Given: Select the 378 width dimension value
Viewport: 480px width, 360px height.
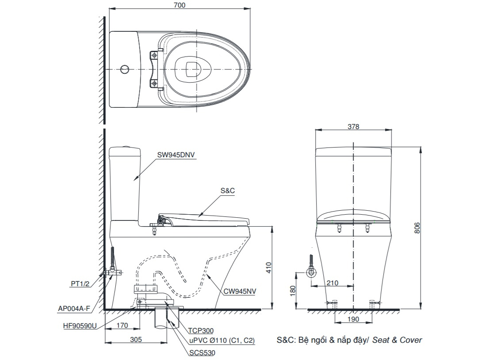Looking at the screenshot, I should pos(353,126).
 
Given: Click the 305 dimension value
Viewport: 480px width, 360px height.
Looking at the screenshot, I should pos(136,339).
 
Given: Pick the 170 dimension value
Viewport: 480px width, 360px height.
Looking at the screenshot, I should pos(123,326).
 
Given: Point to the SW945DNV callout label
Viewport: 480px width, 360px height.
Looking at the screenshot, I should pos(176,155).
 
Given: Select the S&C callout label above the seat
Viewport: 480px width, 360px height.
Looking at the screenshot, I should pos(227,191).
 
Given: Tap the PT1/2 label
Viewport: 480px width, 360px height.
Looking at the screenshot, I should pos(80,284).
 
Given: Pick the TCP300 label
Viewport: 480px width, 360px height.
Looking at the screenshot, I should pos(201,330).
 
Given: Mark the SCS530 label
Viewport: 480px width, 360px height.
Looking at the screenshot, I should pos(202,352).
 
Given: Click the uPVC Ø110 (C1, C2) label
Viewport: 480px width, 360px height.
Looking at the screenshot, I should pos(222,341).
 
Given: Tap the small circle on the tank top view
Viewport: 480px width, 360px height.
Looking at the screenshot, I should pos(125,69).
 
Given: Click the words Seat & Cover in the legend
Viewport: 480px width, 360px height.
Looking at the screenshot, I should pos(397,340).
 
